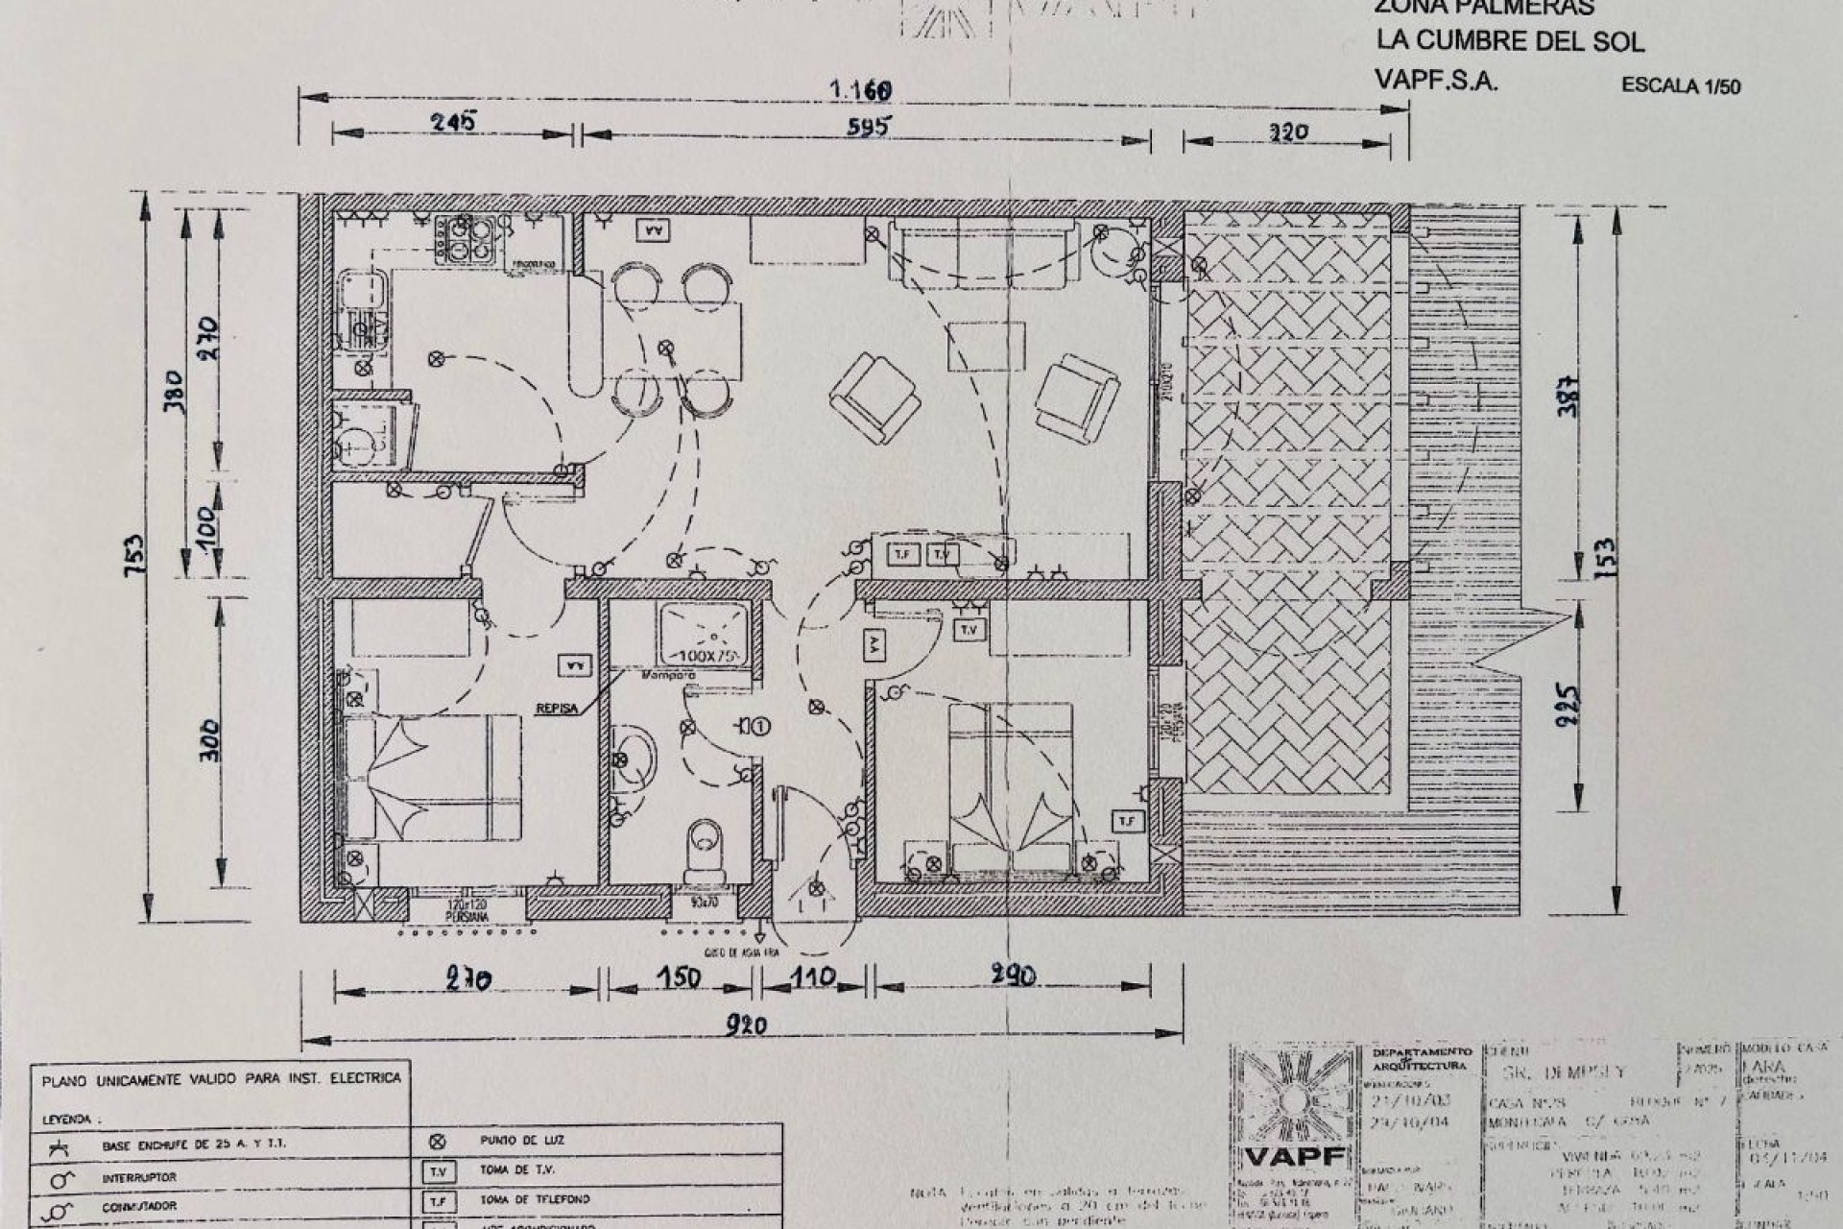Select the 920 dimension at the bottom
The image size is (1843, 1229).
pyautogui.click(x=746, y=1025)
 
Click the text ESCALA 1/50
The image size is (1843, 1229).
pyautogui.click(x=1680, y=85)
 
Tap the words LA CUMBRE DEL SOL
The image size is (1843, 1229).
pyautogui.click(x=1510, y=41)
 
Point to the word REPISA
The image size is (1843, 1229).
pyautogui.click(x=557, y=709)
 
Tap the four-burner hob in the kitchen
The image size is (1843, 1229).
pyautogui.click(x=466, y=240)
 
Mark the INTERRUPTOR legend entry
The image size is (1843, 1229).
pyautogui.click(x=139, y=1177)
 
